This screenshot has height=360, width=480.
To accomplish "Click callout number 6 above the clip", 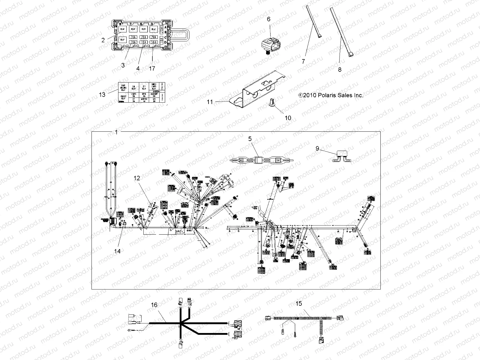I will [x=268, y=19].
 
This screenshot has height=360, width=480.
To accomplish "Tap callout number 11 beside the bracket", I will [x=210, y=102].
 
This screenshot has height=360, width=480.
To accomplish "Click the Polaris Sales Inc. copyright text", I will [x=331, y=95].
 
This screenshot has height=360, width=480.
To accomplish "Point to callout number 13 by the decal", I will [x=102, y=94].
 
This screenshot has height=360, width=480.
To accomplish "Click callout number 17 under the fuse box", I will [x=152, y=68].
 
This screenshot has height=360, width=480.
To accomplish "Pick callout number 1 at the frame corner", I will [x=117, y=132].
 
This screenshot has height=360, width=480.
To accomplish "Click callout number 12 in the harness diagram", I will [x=137, y=178].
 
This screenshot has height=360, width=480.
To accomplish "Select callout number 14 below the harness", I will [x=117, y=251].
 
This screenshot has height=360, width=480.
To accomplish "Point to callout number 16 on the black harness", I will [x=154, y=305].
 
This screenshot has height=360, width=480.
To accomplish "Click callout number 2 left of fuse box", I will [x=103, y=40].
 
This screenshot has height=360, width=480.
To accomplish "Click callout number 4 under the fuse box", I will [x=138, y=68].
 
